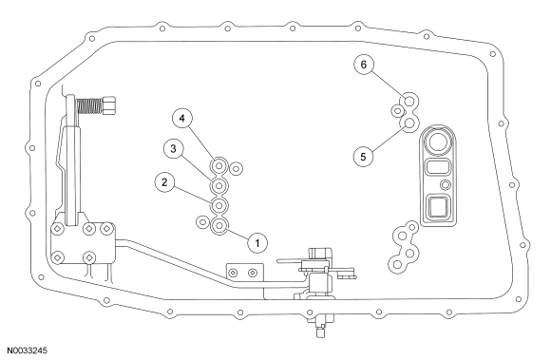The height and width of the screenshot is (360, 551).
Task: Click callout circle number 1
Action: click(257, 243)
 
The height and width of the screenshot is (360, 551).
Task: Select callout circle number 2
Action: click(164, 182)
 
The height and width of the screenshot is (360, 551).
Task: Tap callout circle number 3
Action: click(173, 149)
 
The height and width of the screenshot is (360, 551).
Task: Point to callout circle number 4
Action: click(182, 118)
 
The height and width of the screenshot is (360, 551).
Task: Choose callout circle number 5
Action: click(363, 157)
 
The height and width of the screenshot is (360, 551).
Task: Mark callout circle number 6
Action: click(363, 65)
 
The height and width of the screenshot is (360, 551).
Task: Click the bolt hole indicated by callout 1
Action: click(219, 226)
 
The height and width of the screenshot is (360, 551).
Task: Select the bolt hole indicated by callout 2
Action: click(219, 205)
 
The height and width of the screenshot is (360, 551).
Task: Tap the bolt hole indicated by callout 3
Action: click(219, 185)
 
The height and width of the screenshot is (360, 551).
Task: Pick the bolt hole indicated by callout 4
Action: click(219, 165)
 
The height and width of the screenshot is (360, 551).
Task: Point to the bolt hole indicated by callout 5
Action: click(409, 123)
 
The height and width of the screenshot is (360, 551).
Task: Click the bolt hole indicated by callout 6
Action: click(409, 101)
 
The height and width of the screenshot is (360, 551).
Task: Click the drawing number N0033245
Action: click(27, 351)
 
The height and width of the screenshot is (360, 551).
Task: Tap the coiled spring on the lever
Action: click(89, 105)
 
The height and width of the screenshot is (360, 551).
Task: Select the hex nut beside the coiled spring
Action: click(108, 105)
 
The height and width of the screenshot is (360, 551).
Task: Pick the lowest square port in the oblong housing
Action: click(438, 207)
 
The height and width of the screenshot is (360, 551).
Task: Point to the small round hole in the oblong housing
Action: click(446, 184)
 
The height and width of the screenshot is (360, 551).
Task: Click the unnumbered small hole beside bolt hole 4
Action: click(236, 168)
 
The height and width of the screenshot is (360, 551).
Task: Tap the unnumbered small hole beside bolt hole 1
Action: click(202, 222)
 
